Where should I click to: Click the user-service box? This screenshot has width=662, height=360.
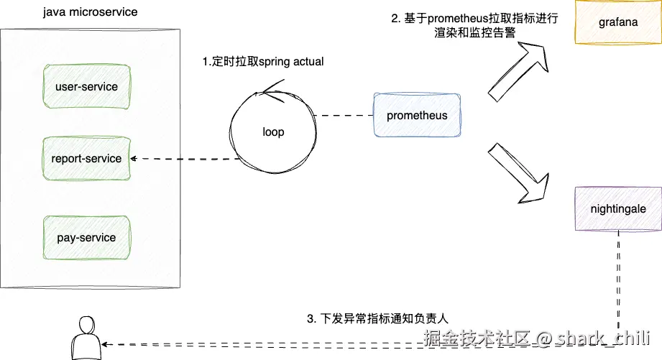coord(86,87)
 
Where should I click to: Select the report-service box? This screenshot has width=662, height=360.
coord(86,158)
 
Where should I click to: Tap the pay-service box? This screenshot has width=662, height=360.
coord(86,238)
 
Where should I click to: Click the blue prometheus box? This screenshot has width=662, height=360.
coord(417,116)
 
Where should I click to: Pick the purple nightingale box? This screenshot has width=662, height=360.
coord(618,209)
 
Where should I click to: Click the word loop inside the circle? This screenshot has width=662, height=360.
coord(273,132)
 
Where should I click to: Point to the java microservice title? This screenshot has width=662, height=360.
coord(91,12)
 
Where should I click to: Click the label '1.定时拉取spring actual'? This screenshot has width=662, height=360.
coord(263,62)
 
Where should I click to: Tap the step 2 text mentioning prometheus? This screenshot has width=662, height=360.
coord(474,26)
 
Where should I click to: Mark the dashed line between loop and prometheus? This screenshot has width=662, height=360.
coord(344,116)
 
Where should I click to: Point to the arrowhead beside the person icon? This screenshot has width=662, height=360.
coord(108,343)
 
